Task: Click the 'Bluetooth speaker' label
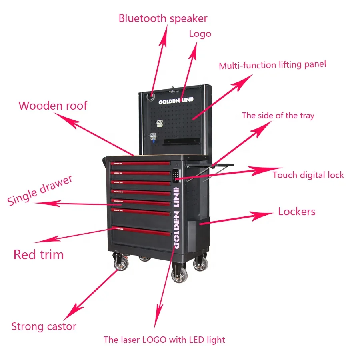click(163, 18)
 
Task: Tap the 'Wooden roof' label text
click(52, 106)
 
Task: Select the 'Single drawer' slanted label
click(40, 190)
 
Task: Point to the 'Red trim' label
click(38, 254)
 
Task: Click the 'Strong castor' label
click(44, 326)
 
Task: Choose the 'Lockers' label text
click(296, 211)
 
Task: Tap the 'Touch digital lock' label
click(308, 175)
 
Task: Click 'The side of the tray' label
click(278, 116)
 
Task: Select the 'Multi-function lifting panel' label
click(272, 65)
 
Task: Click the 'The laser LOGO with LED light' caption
click(164, 340)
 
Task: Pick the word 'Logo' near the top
click(200, 34)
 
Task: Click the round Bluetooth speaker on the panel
click(152, 96)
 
